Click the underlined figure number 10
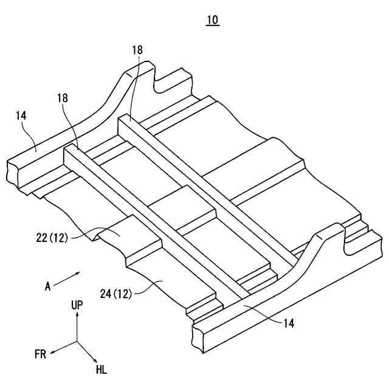click(x=212, y=20)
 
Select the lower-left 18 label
click(x=62, y=97)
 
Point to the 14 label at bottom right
click(x=289, y=324)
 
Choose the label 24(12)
click(x=116, y=294)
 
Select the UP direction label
click(x=77, y=305)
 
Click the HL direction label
click(x=101, y=369)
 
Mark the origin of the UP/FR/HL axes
click(x=77, y=342)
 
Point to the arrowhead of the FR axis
click(x=52, y=352)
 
